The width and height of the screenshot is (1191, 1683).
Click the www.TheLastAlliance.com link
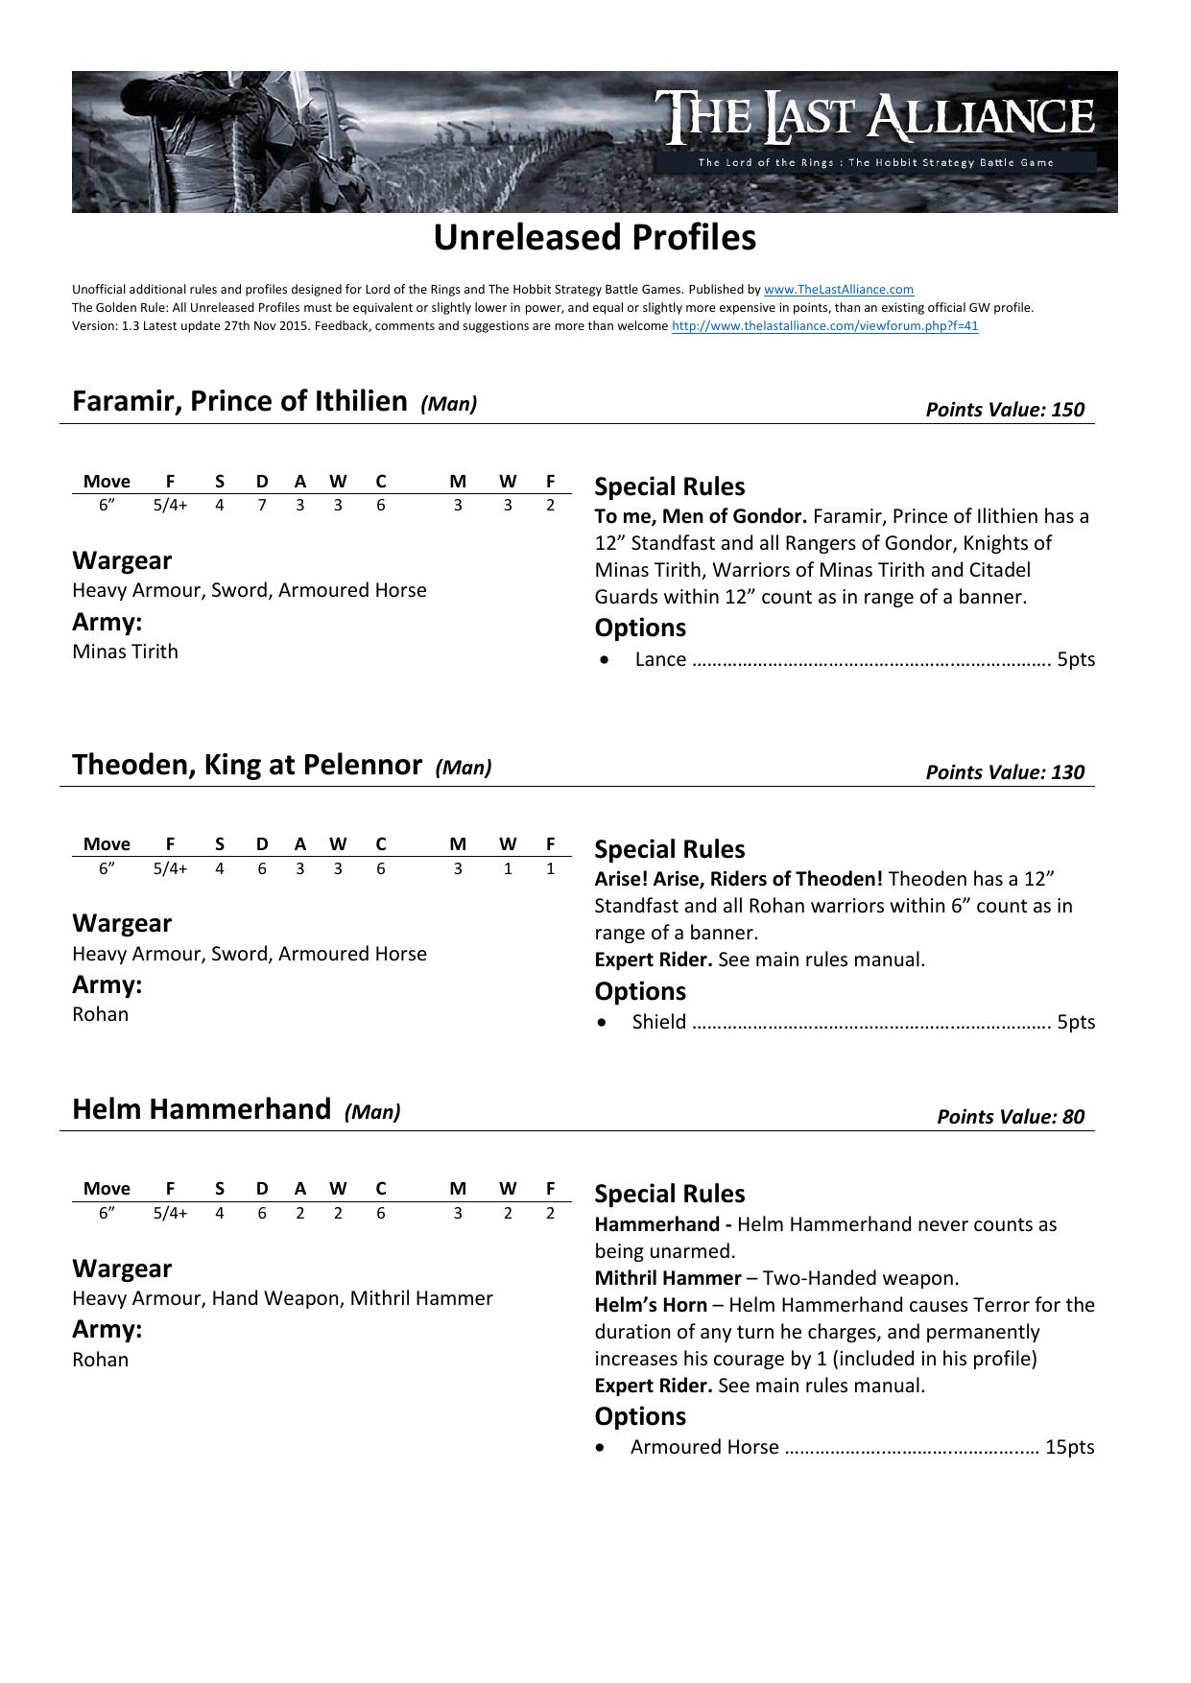(x=838, y=289)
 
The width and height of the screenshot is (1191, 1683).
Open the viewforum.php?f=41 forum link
(x=824, y=325)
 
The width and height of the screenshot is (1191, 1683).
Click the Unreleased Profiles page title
(x=594, y=238)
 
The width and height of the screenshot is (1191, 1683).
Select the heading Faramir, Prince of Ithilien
(x=240, y=401)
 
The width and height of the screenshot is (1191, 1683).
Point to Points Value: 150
(x=1004, y=410)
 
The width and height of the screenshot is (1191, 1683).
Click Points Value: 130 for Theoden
(x=1004, y=772)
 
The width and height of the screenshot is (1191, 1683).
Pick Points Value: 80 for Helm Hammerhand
(x=1010, y=1117)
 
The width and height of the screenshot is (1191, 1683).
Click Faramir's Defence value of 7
(x=261, y=505)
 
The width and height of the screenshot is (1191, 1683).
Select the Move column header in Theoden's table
(x=107, y=844)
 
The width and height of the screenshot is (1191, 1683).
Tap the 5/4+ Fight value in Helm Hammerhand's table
(x=170, y=1213)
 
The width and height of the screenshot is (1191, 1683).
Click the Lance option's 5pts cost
(x=1075, y=659)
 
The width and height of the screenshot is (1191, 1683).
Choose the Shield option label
(x=659, y=1022)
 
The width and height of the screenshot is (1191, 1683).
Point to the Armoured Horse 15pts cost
(x=1069, y=1447)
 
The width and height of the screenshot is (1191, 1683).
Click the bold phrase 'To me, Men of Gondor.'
(x=701, y=516)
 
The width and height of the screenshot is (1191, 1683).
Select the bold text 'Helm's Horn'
(x=651, y=1305)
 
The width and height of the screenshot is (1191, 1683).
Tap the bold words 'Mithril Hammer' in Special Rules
(x=667, y=1278)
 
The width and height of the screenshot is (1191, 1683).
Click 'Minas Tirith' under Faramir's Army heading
(x=125, y=652)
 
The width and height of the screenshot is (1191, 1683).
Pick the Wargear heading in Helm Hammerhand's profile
(x=122, y=1268)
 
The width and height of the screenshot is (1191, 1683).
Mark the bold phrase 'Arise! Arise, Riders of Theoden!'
(x=738, y=879)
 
